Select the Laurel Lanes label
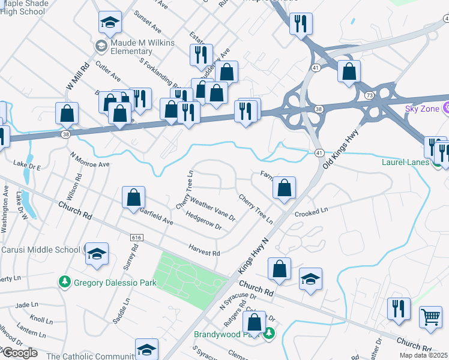(x=405, y=162)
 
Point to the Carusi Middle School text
(x=40, y=250)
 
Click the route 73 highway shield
(x=369, y=96)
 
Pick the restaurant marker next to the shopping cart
(x=399, y=308)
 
